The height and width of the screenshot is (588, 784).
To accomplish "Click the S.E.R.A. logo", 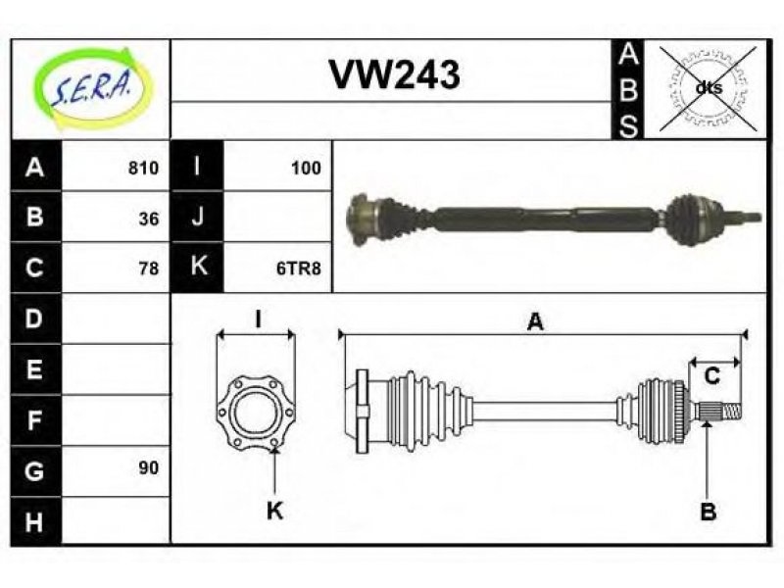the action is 92,88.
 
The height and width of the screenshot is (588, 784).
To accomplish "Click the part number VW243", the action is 394,74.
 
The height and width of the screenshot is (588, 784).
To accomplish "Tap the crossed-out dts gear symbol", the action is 708,88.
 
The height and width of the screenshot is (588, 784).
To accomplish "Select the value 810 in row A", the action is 143,168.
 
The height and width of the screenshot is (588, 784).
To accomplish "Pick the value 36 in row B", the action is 149,219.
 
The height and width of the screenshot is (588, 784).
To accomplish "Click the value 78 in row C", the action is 149,269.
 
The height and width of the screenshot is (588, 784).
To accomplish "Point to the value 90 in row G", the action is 149,468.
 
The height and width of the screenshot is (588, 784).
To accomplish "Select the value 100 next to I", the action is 306,168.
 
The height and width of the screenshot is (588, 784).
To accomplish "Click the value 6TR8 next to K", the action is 299,269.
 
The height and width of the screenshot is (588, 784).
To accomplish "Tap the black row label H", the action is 35,521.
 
